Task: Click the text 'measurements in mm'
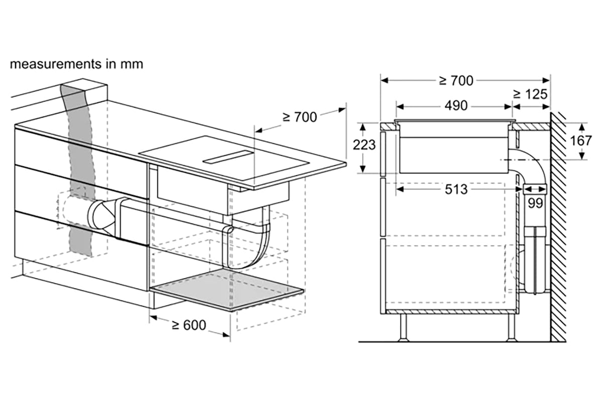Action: coord(76,64)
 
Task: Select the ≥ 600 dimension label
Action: coord(189,325)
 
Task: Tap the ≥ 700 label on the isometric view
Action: coord(300,117)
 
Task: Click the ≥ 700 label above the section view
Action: coord(456,80)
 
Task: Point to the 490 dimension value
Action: coord(456,106)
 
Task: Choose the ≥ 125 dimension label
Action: coord(530,94)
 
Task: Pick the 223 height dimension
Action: coord(364,145)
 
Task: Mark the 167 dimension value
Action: coord(581,141)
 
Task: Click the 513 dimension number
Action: coord(456,189)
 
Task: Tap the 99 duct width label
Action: coord(535,203)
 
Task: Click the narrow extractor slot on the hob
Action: coord(228,157)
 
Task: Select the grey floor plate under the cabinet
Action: coord(228,290)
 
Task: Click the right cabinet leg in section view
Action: coord(511,328)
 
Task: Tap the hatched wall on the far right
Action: coord(558,227)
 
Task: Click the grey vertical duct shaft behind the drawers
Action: coord(80,170)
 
